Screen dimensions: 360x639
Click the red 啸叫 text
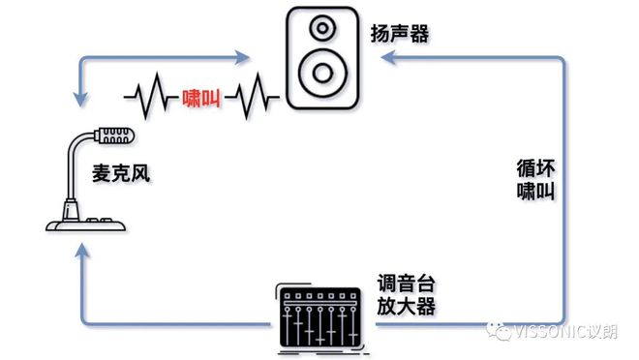tap(201, 98)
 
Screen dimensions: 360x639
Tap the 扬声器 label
tap(399, 34)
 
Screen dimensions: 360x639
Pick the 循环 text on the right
tap(535, 165)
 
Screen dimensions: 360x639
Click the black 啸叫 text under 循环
tap(535, 190)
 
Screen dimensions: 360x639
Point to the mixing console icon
tap(321, 314)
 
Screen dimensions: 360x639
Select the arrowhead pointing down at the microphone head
tap(78, 98)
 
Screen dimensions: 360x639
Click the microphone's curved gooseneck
tap(73, 165)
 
